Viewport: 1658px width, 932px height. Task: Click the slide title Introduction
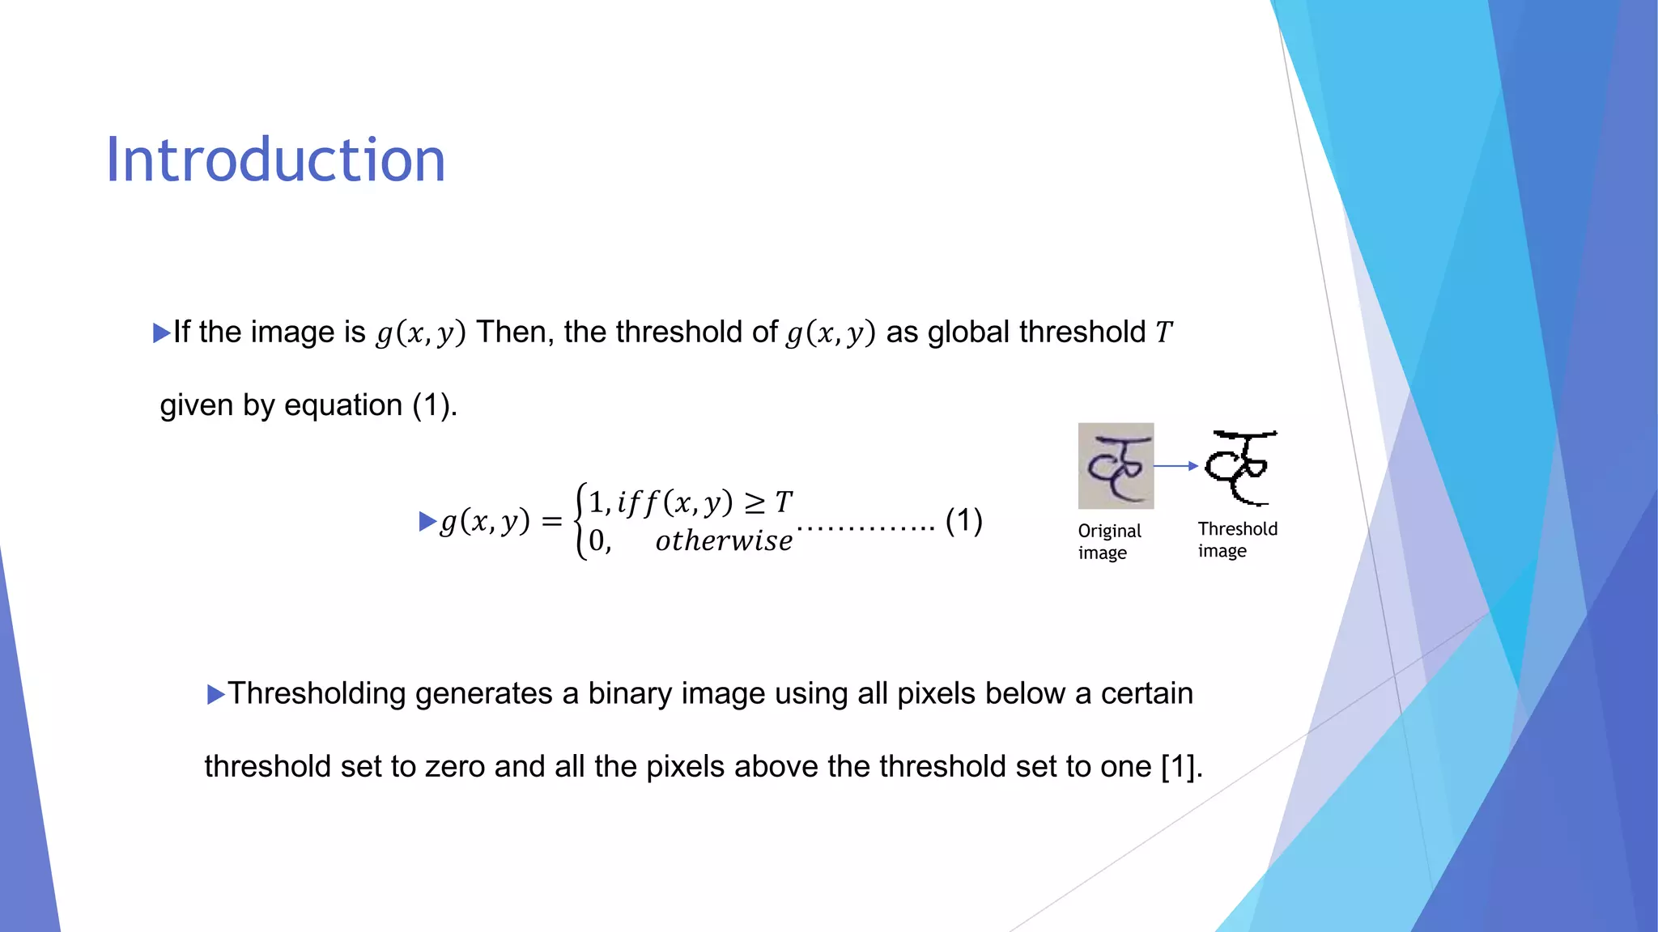[275, 160]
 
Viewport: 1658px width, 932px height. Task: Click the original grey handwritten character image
[1116, 466]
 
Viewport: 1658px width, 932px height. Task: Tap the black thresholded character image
[1239, 468]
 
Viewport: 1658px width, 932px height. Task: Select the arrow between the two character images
[1175, 466]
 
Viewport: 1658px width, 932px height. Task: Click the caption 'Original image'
[1109, 541]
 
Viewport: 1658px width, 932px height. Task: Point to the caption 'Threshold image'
[1237, 540]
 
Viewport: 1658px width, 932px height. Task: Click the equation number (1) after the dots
[963, 521]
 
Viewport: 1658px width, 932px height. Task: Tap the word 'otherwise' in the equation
[724, 541]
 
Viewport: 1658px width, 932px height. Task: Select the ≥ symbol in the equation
[755, 503]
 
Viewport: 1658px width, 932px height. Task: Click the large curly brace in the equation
[580, 522]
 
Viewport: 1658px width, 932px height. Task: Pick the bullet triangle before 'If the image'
[161, 333]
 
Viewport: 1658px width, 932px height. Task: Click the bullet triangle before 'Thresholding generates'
[215, 694]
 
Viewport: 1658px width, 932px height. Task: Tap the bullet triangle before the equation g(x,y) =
[427, 522]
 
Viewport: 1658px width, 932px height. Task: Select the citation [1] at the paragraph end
[1181, 766]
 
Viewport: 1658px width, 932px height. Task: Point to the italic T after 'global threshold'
[1163, 333]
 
